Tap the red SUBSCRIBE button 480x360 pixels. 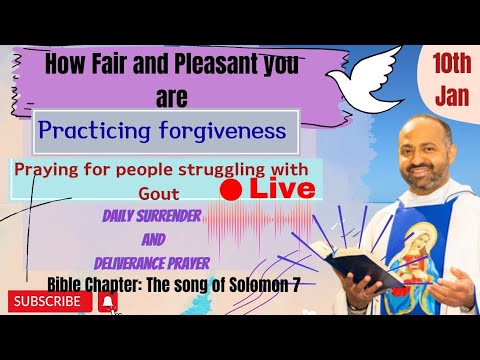pos(47,299)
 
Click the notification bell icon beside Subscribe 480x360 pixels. pos(106,299)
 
